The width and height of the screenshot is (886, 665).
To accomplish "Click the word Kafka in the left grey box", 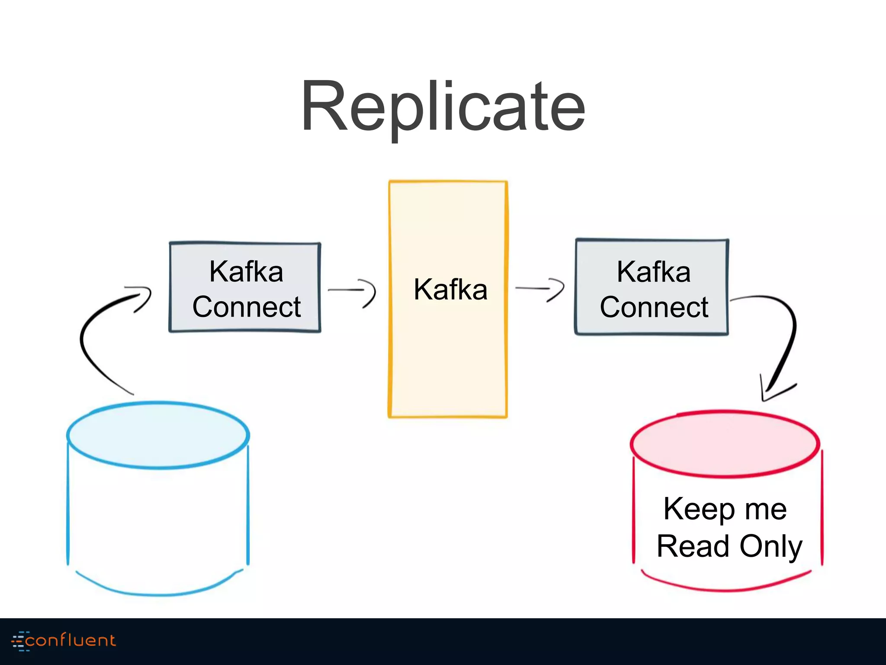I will [246, 272].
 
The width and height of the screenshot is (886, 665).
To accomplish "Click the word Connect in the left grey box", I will [246, 307].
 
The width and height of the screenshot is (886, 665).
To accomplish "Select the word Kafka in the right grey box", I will [653, 272].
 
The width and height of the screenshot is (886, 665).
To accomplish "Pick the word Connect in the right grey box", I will [653, 307].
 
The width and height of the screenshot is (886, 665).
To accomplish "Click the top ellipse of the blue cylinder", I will [158, 435].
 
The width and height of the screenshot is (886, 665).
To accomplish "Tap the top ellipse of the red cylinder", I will [725, 444].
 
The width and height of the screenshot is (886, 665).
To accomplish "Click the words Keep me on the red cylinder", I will [725, 509].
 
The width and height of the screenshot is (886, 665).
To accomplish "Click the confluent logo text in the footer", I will [71, 640].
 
